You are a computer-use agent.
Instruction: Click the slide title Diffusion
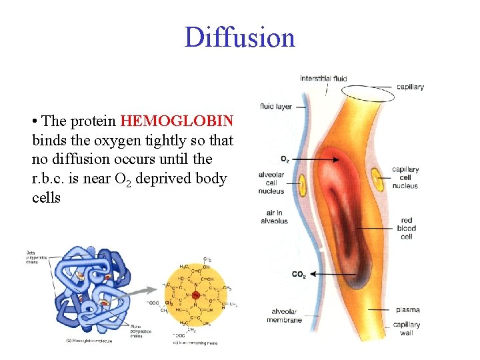pos(239,37)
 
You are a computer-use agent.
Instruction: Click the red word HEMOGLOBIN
pos(177,121)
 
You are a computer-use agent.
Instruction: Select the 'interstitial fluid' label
pos(323,79)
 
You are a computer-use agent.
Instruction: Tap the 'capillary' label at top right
pos(410,87)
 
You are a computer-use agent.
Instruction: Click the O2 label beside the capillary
pos(285,159)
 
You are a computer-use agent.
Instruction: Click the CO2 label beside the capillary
pos(299,274)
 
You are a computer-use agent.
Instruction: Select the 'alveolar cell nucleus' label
pos(271,183)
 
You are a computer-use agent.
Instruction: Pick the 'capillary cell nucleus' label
pos(405,177)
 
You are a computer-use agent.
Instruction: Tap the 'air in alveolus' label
pos(274,217)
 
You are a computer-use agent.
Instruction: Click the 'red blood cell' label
pos(406,228)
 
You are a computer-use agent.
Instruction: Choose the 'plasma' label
pos(407,310)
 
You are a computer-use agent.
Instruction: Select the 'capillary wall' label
pos(407,328)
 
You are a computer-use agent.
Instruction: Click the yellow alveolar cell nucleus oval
pos(302,184)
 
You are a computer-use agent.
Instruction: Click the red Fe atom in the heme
pos(196,295)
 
